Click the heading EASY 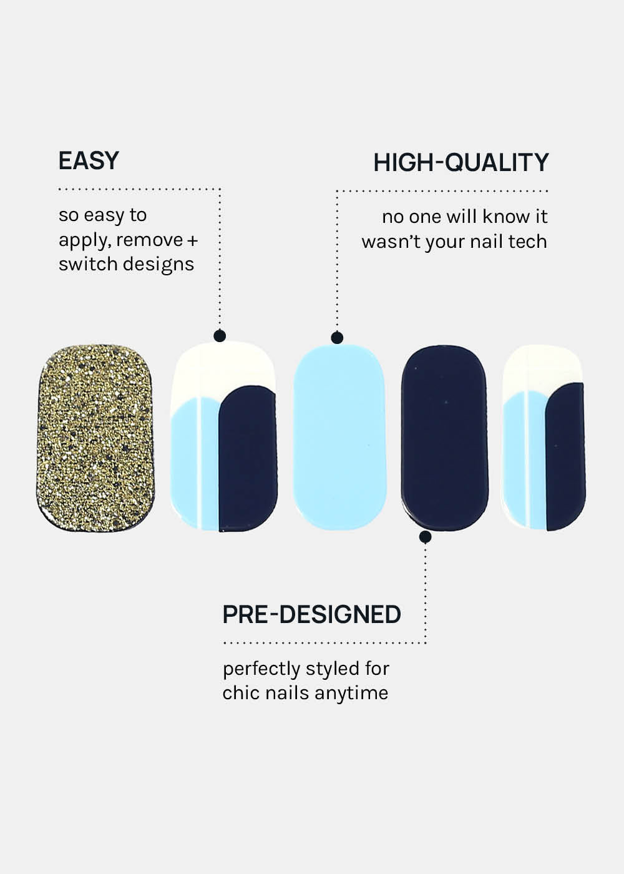[x=89, y=160]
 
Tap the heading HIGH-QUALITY [x=461, y=162]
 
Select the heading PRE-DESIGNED [x=311, y=614]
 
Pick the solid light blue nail [x=339, y=438]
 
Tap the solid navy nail [x=444, y=438]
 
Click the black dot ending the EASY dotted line [x=220, y=336]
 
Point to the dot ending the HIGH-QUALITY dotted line [x=337, y=338]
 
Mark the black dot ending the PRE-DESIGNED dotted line [x=425, y=538]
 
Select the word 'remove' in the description [x=150, y=240]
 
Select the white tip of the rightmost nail [x=542, y=367]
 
